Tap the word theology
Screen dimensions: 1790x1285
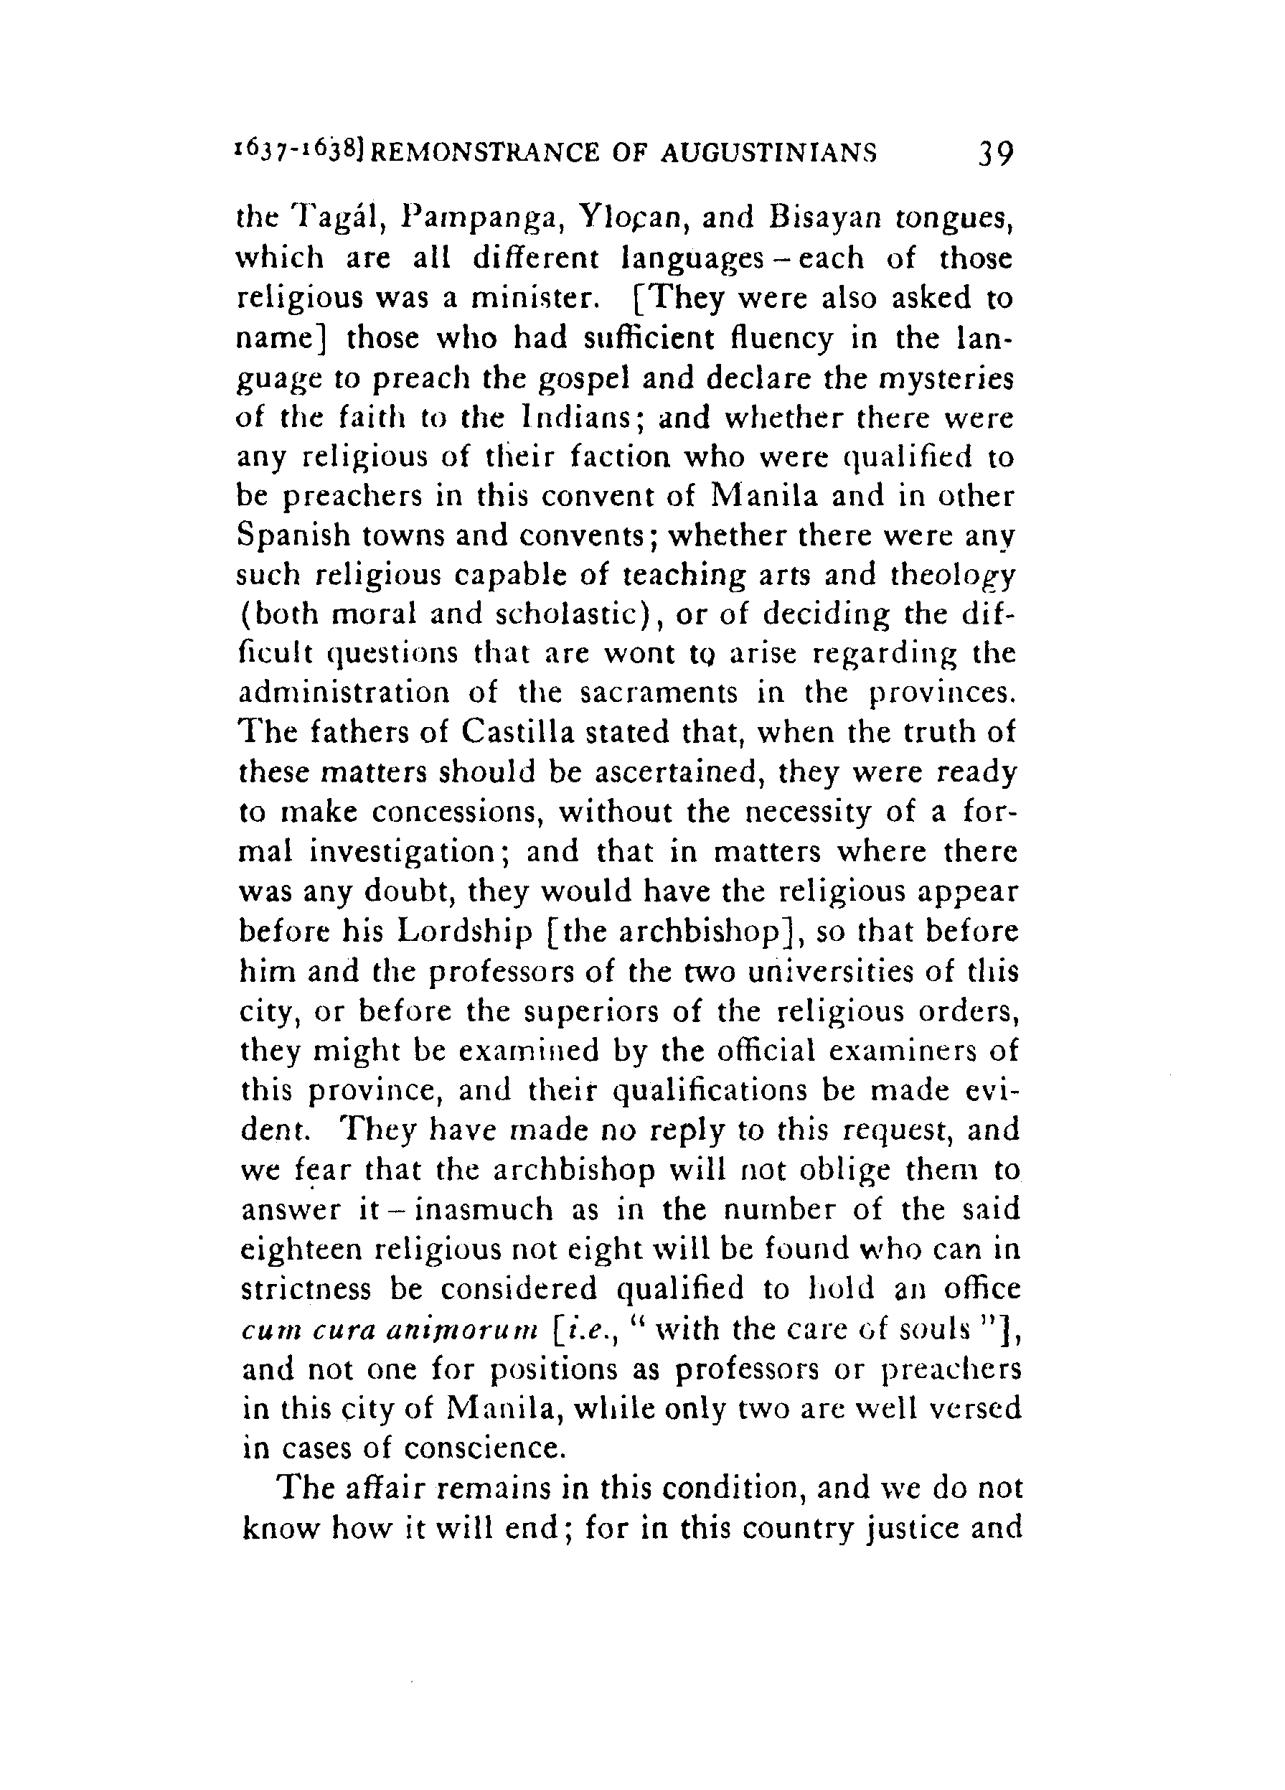[951, 576]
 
